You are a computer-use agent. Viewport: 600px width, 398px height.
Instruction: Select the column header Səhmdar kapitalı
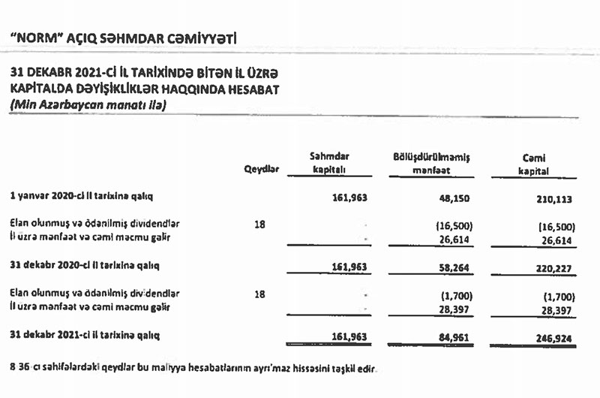tap(331, 163)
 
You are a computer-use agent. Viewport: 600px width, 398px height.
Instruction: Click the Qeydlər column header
tap(262, 170)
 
